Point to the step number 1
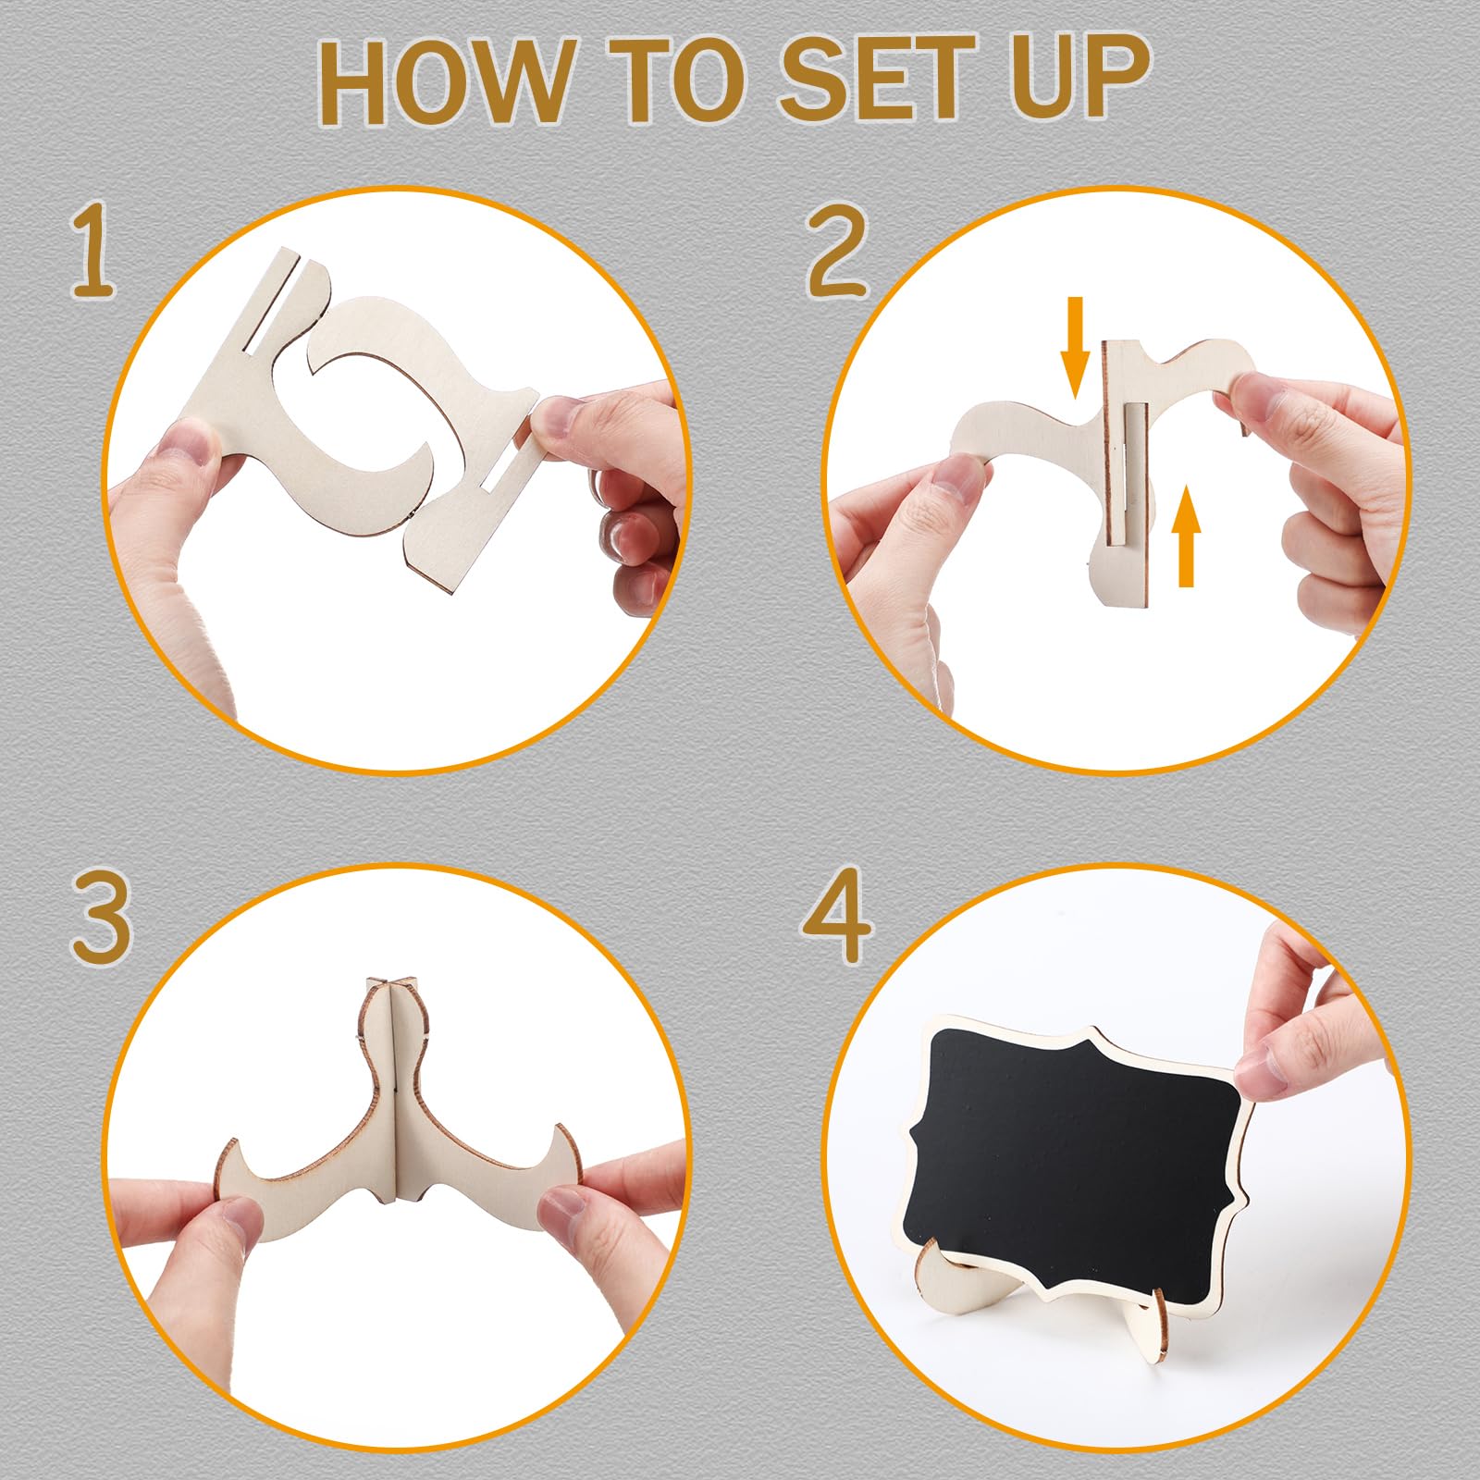pos(94,252)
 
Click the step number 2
pos(837,252)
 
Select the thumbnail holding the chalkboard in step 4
pos(1268,1069)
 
